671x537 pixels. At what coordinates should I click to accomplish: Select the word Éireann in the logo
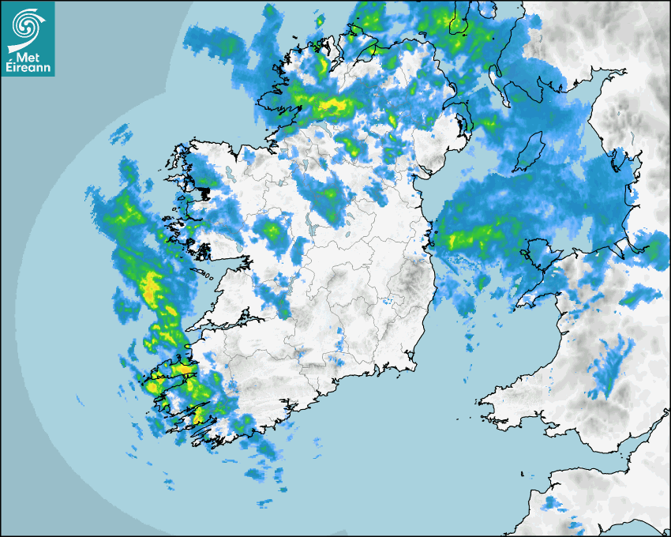pyautogui.click(x=28, y=67)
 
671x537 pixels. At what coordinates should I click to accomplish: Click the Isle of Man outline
pyautogui.click(x=530, y=152)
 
